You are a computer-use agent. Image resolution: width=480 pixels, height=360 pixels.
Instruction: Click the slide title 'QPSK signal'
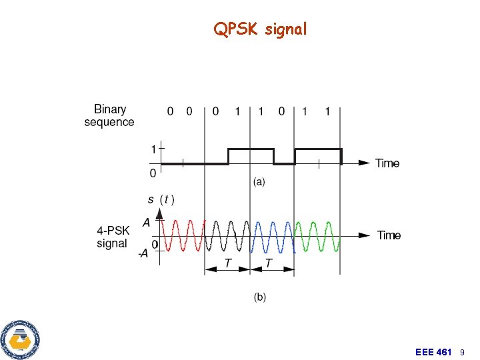(260, 29)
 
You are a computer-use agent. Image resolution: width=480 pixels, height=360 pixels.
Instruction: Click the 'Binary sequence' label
(109, 115)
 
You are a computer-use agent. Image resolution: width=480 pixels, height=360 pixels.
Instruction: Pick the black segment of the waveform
(227, 235)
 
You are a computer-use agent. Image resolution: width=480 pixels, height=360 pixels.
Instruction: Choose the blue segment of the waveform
(272, 235)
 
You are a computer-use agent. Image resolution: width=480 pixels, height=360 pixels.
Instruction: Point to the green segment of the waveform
(317, 235)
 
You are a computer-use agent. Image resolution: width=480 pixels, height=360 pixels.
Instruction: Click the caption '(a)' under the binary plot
(259, 182)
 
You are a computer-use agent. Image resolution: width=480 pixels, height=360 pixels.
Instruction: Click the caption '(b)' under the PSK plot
(259, 297)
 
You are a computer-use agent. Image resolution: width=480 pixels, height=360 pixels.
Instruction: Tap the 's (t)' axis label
(161, 199)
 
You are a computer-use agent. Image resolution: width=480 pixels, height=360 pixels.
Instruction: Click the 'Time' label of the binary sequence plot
(387, 163)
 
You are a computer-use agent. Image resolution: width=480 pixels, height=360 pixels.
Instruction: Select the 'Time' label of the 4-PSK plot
(389, 235)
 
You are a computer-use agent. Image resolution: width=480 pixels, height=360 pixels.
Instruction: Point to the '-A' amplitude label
(143, 254)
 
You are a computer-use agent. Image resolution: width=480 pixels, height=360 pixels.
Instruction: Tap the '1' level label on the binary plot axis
(153, 149)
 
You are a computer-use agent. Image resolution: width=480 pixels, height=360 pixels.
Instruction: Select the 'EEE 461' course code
(433, 351)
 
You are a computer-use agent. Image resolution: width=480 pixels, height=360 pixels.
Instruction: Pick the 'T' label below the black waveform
(227, 264)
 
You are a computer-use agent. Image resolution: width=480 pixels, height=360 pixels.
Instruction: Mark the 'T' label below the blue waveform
(269, 264)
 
